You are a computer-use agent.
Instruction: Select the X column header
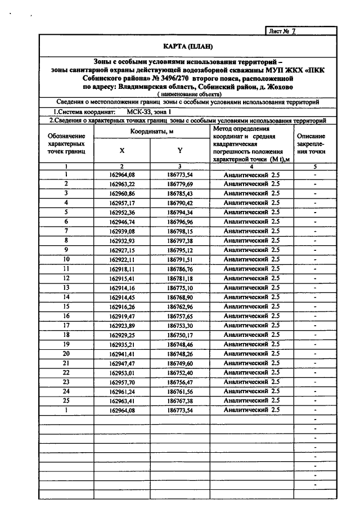(x=121, y=150)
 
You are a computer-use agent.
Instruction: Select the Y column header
(x=179, y=150)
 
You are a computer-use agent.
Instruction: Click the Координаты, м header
(x=151, y=130)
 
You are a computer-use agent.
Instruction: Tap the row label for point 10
(x=66, y=259)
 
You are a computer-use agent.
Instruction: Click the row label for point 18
(x=66, y=335)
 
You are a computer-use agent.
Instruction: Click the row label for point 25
(x=66, y=400)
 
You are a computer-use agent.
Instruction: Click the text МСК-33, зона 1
(x=143, y=112)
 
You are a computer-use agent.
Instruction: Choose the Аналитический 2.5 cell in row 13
(x=251, y=287)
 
